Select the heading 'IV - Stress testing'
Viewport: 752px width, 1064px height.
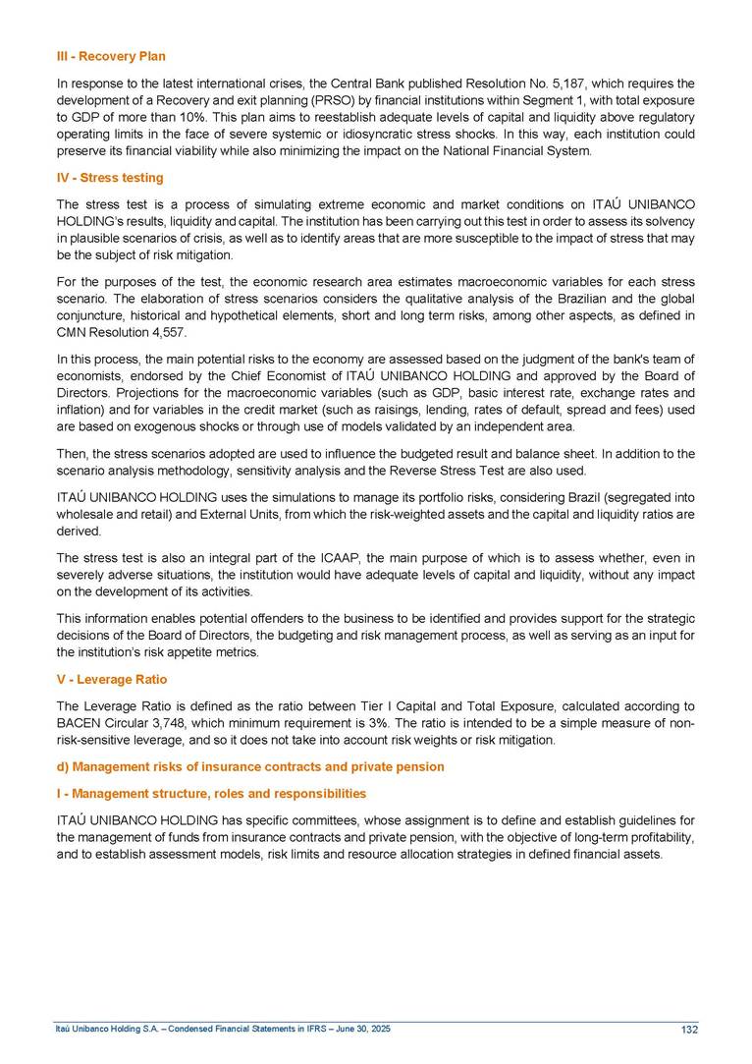pos(110,178)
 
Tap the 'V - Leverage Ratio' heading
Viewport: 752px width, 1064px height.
pos(112,679)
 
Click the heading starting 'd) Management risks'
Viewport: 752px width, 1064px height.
pos(250,766)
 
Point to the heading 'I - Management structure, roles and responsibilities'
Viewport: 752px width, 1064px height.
pos(211,793)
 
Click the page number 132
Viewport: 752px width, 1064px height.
pos(689,1030)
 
